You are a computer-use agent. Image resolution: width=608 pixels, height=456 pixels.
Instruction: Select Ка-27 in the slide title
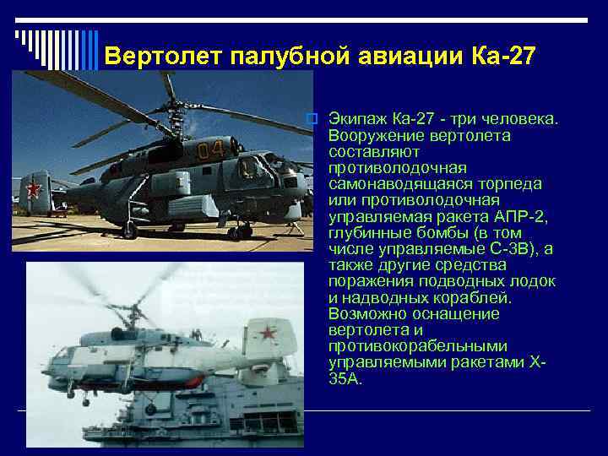[x=500, y=57]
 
